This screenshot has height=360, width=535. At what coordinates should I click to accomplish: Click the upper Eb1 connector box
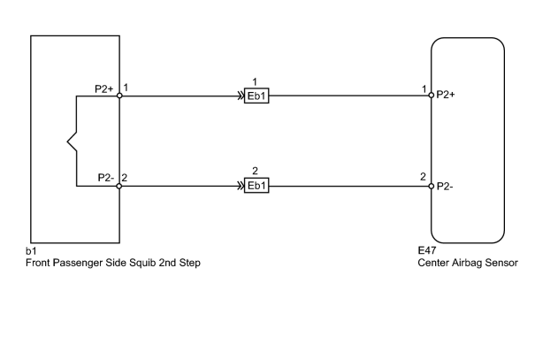pos(256,96)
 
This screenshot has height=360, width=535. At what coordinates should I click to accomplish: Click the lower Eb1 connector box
pos(256,186)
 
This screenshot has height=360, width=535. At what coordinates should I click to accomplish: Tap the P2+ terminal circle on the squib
pos(119,96)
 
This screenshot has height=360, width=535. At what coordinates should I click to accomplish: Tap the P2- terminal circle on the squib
pos(119,186)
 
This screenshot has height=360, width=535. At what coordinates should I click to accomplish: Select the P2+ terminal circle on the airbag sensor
pos(432,96)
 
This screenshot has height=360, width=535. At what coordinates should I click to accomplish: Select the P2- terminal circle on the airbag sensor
pos(432,186)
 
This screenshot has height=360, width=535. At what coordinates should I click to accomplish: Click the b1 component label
pos(31,251)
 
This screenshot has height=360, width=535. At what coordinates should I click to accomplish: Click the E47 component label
pos(427,250)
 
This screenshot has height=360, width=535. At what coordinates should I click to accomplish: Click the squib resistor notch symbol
pos(72,141)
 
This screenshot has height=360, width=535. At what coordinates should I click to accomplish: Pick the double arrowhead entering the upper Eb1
pos(241,96)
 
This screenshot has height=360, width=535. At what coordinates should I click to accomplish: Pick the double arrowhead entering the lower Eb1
pos(241,186)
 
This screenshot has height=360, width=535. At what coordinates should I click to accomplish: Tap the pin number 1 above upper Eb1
pos(255,82)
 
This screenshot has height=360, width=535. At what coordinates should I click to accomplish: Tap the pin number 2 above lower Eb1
pos(255,171)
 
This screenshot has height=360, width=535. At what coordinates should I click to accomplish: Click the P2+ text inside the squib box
pos(104,89)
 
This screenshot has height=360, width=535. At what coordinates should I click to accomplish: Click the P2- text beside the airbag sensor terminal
pos(445,187)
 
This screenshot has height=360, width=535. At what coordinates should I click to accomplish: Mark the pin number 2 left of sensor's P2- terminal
pos(423,177)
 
